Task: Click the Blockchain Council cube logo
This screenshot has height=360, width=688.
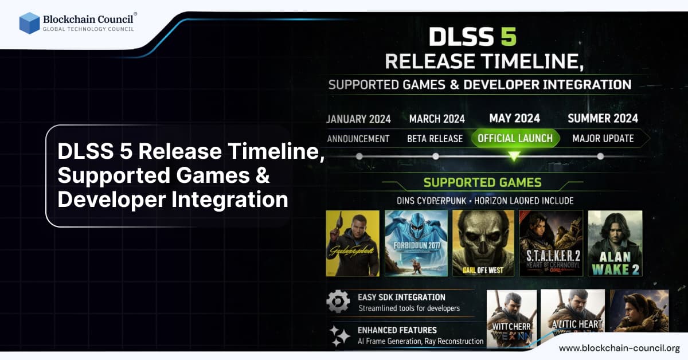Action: [x=29, y=23]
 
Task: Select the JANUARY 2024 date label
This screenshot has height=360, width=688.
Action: [x=359, y=119]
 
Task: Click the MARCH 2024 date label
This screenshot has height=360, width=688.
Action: [x=437, y=119]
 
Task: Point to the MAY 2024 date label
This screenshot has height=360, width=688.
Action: [x=514, y=119]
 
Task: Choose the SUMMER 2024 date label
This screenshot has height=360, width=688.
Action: [x=603, y=119]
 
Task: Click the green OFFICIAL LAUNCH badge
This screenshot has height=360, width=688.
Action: [x=515, y=138]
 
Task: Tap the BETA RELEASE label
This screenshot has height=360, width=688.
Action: [x=435, y=139]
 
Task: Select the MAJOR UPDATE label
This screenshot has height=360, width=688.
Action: [x=603, y=138]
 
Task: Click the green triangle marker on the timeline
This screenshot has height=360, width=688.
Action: [x=514, y=156]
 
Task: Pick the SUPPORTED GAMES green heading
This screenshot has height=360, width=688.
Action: [x=482, y=183]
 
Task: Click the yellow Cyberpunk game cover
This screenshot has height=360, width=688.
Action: [x=353, y=243]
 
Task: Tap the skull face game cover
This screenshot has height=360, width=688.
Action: [x=483, y=243]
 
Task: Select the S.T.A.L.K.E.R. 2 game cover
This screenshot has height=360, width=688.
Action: [x=551, y=243]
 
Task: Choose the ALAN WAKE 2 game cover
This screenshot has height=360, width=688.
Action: [x=615, y=243]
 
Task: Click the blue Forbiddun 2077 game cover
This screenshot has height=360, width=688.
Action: [x=416, y=243]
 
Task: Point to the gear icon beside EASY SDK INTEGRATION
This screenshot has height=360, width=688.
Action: [x=338, y=302]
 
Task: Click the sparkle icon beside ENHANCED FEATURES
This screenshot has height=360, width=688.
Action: [x=339, y=335]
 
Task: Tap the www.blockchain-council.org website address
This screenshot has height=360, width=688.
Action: [x=619, y=348]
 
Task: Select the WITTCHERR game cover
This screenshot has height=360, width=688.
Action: [x=511, y=319]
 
